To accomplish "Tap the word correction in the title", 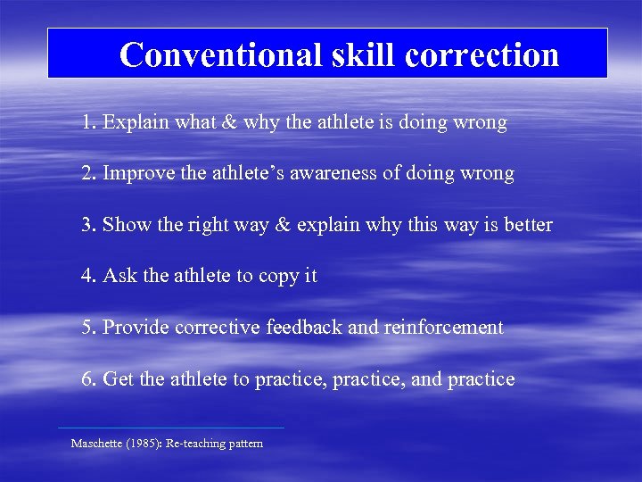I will tap(481, 54).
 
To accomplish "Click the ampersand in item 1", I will tap(229, 122).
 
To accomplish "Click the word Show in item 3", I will tap(128, 225).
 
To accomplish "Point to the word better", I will tap(526, 225).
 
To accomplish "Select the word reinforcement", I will tap(443, 328).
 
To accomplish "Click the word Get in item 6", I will tap(119, 379).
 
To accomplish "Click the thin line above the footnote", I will tap(170, 428).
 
